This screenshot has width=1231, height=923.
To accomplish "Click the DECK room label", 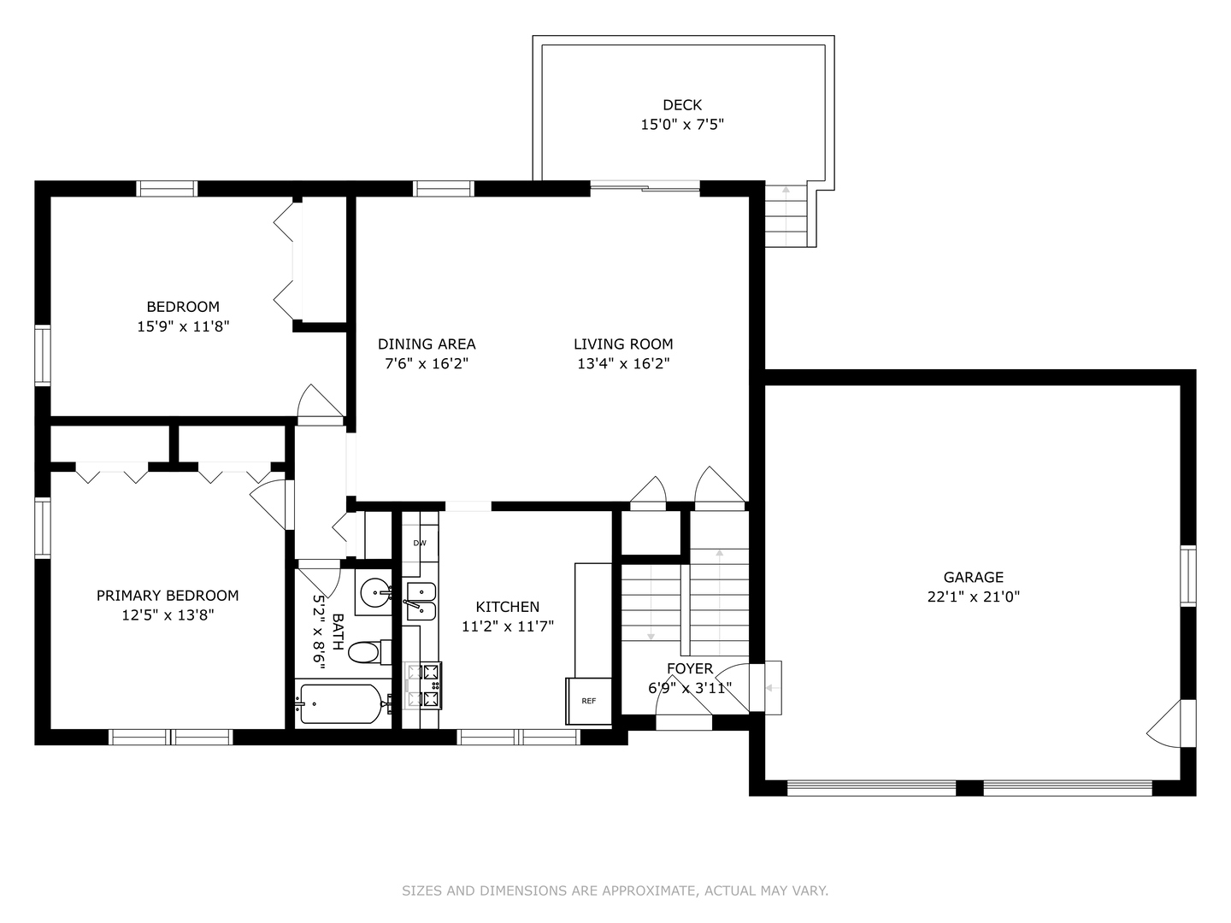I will pos(682,105).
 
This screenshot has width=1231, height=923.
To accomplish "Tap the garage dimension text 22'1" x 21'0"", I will pos(973,597).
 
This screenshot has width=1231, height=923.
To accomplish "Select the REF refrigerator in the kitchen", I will pos(589,701).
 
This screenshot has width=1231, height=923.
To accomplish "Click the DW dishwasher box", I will pos(420,543).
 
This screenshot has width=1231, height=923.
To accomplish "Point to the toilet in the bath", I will pos(366,653).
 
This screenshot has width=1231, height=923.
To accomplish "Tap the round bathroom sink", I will pos(374,591).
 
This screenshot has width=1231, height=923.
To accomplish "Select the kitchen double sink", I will pos(420,602).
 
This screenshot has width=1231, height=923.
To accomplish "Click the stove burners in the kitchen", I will pos(424,686).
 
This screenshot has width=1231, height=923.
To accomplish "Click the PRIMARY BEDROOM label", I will pos(168,596).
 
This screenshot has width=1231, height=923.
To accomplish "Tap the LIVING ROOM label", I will pos(623,344).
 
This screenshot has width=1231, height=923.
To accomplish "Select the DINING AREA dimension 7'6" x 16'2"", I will pos(427,364).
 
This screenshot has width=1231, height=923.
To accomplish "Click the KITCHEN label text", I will pos(508,607).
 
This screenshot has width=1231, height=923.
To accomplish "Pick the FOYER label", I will pos(690,668).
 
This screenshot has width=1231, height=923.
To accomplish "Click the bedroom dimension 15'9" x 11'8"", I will pos(183,326).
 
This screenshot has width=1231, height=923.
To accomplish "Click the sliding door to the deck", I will pos(645,186).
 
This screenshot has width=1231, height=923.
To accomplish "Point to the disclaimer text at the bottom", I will pos(615,891).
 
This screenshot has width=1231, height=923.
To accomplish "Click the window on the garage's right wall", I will pos(1187,575).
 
